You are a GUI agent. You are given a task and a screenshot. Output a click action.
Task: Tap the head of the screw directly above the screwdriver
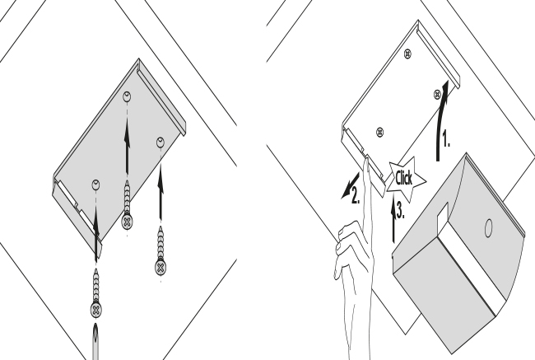tap(95, 310)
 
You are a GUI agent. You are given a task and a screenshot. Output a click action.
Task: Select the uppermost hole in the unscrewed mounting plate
tap(127, 96)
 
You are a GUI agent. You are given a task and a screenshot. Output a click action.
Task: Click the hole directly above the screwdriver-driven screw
tap(95, 185)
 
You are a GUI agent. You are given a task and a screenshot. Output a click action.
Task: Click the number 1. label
tap(446, 139)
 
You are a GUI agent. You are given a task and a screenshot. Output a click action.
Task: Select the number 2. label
tap(356, 196)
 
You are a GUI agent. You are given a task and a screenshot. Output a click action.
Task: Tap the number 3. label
tap(401, 210)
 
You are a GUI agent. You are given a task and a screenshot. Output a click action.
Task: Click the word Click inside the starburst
tap(404, 178)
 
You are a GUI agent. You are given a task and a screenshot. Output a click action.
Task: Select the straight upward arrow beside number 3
tap(393, 218)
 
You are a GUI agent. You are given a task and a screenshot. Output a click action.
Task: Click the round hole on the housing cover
tap(489, 228)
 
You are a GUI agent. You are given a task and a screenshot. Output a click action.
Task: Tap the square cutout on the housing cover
tap(443, 214)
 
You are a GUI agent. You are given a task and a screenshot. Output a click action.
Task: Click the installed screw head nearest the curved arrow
tap(437, 95)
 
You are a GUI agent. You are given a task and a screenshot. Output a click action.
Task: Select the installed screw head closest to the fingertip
tap(379, 132)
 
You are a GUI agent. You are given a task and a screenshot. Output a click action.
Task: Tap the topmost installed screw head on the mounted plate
tap(407, 54)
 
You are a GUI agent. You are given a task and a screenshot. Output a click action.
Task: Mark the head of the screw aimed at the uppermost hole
tap(127, 222)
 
